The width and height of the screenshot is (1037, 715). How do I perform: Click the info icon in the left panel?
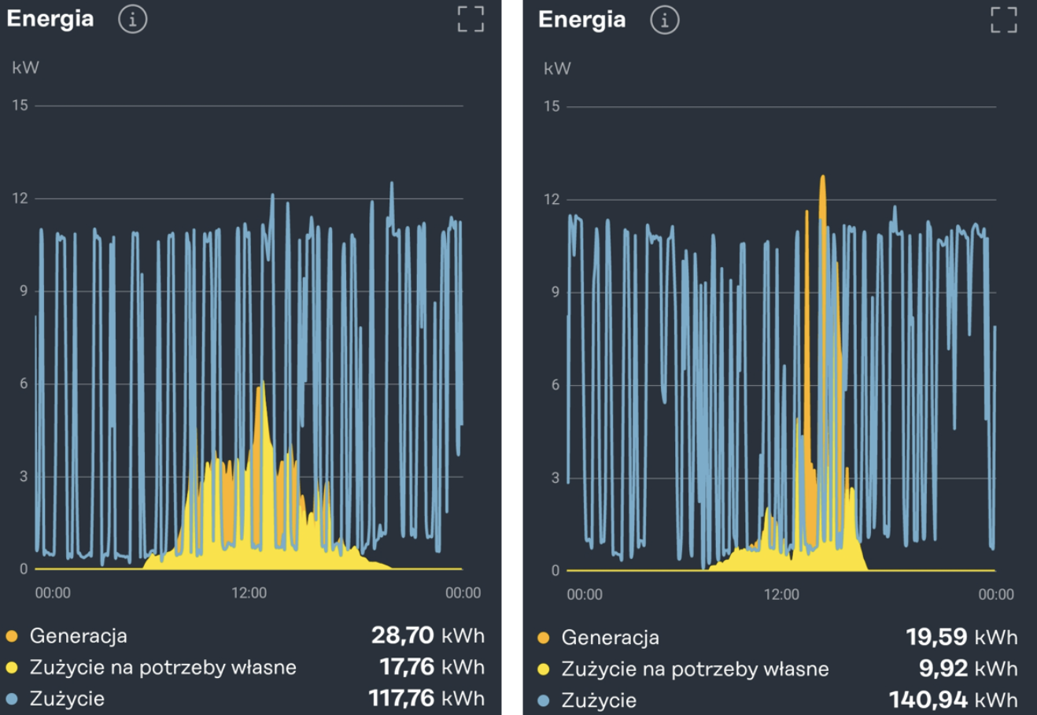click(132, 20)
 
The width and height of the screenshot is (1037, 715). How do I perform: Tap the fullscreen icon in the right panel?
click(1003, 20)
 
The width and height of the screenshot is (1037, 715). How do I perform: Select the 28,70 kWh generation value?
click(427, 635)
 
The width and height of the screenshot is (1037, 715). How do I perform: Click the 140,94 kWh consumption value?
click(953, 700)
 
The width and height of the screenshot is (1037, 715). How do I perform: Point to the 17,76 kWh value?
click(431, 667)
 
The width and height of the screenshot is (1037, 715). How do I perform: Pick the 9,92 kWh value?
click(968, 669)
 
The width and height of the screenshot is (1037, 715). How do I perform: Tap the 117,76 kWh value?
click(426, 698)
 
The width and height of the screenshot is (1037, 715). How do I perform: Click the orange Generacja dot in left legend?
click(12, 635)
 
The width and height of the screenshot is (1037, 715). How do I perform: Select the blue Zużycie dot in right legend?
click(543, 700)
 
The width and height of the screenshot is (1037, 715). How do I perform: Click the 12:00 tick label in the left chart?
click(249, 593)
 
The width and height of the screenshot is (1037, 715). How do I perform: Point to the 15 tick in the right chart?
click(552, 106)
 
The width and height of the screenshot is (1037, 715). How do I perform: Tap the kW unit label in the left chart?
click(25, 68)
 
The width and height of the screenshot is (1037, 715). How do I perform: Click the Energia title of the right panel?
click(581, 20)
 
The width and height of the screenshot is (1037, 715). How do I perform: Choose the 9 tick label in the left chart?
click(23, 291)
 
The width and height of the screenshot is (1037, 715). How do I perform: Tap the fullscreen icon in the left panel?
click(471, 19)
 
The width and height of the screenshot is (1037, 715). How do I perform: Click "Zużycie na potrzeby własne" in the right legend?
click(695, 669)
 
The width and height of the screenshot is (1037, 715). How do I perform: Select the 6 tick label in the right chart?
click(555, 385)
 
